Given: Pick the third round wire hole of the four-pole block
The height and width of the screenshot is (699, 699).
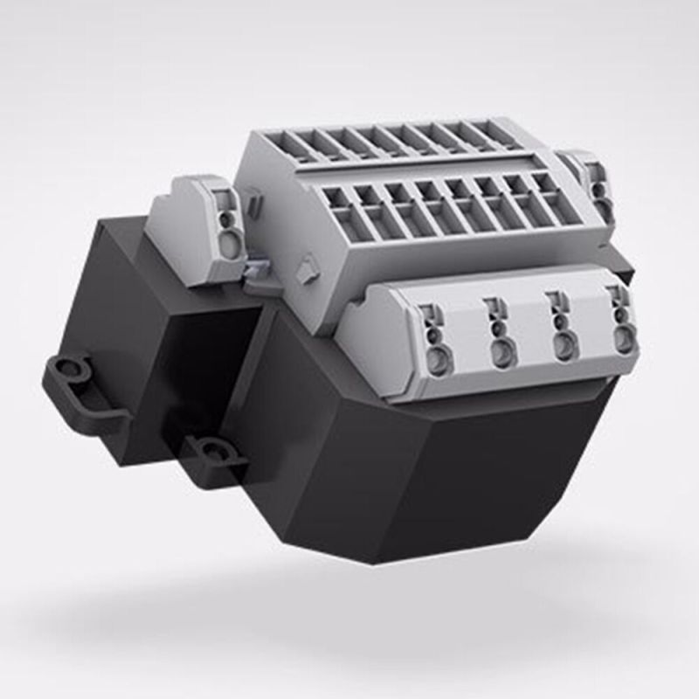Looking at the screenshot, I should (x=563, y=344).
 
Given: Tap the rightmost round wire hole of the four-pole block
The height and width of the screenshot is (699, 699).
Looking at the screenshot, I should (x=621, y=338).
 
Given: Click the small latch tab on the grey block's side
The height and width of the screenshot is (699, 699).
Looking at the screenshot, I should (x=308, y=267).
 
